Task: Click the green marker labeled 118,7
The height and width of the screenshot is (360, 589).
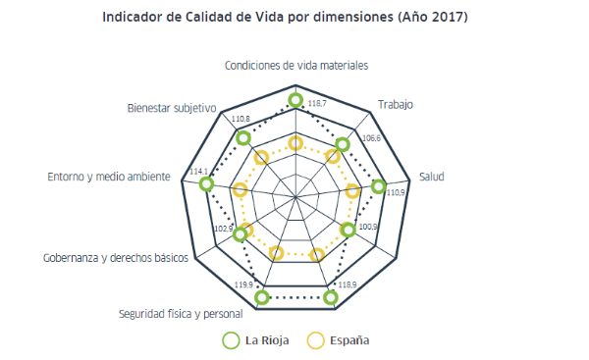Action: coord(296,100)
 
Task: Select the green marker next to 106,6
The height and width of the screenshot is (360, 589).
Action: coord(343,144)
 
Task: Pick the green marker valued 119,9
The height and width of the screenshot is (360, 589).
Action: coord(261,296)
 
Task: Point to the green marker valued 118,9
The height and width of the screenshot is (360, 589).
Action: coord(331,296)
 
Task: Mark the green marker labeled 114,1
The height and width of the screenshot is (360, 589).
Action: coord(206,183)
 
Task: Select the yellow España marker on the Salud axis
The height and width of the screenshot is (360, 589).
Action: coord(352,192)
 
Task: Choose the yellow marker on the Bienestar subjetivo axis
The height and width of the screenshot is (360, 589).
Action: coord(261,157)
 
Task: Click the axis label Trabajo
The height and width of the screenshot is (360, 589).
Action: coord(396,104)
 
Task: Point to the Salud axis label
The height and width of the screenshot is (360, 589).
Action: coord(432,177)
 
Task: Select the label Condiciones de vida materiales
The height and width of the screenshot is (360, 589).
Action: coord(296,66)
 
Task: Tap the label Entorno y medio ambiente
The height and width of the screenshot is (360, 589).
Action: coord(108,177)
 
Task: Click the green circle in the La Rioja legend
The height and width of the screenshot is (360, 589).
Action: coord(232,340)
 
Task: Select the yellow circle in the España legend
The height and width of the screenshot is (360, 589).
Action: coord(315,340)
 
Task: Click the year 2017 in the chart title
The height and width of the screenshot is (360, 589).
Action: coord(447,17)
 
